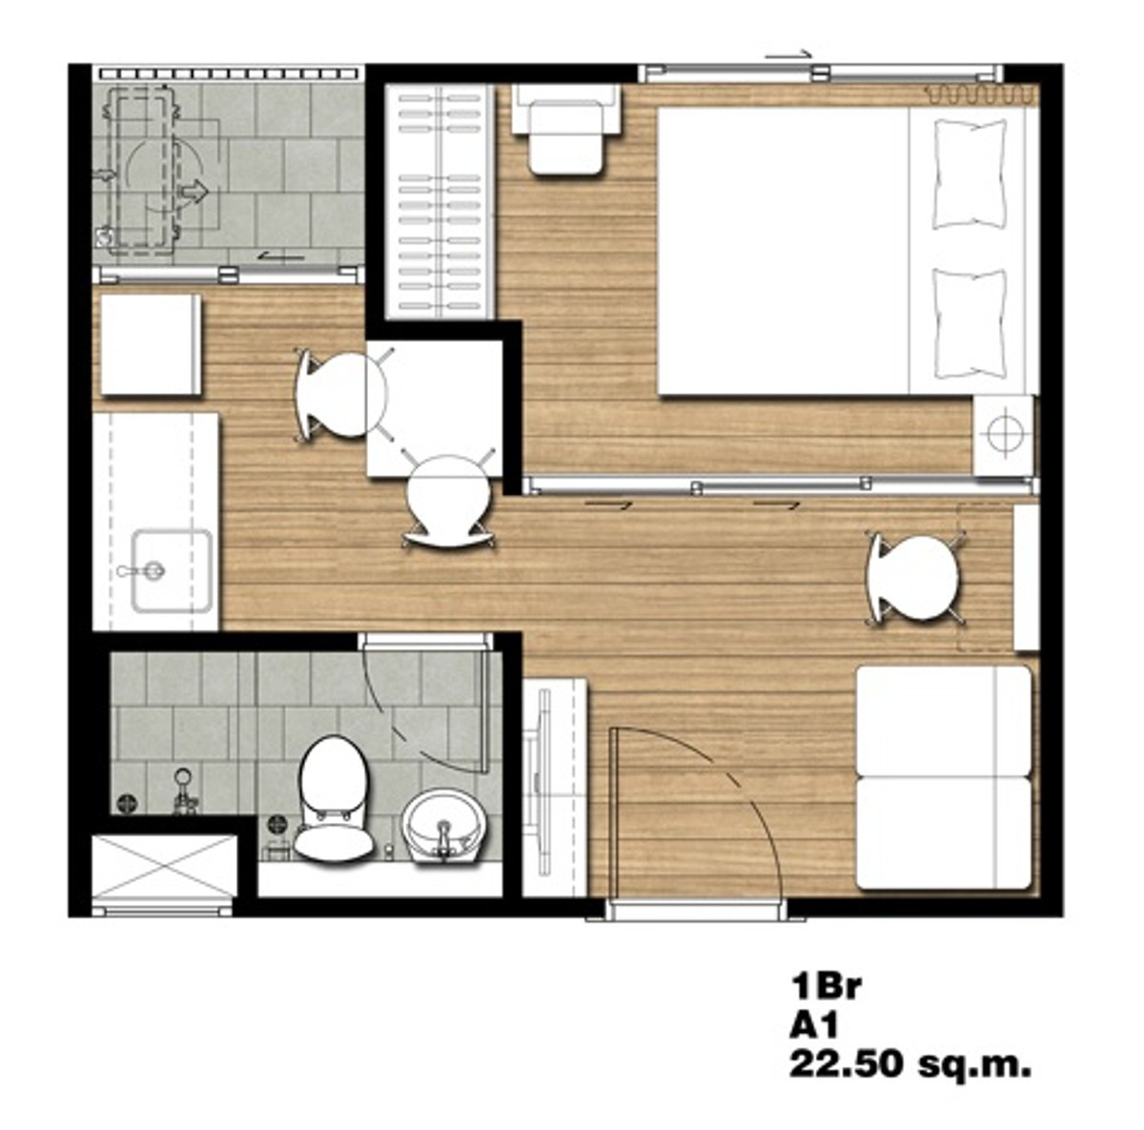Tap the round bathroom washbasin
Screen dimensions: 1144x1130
[444, 827]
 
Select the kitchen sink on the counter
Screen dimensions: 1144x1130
[172, 571]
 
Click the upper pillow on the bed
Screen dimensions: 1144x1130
[970, 174]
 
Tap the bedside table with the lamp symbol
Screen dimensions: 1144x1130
[1003, 434]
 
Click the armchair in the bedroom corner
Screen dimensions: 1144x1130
[565, 129]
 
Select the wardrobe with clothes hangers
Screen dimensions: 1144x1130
[439, 202]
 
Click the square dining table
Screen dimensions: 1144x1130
[435, 408]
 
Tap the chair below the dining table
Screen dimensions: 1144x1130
[449, 498]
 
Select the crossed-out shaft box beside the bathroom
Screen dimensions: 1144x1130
[164, 866]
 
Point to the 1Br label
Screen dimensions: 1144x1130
[826, 986]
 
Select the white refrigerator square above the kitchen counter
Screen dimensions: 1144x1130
[151, 344]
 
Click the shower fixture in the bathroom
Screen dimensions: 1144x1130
[185, 791]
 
